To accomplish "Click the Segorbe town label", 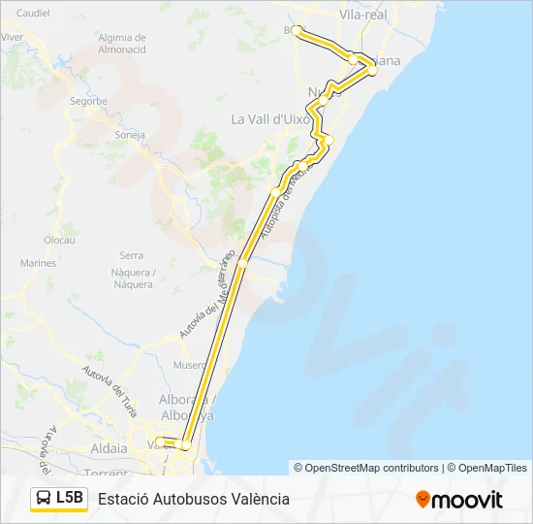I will tap(88, 100).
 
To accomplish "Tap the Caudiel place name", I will tap(32, 14).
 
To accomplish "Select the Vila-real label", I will tap(363, 15).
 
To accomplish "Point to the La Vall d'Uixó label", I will tap(268, 119).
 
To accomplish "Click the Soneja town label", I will tap(129, 134).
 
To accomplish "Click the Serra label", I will tap(131, 255).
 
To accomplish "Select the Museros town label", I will tap(190, 365).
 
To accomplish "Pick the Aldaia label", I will tap(108, 449).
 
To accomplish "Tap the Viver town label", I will tap(13, 36).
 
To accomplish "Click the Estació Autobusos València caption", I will tap(194, 499).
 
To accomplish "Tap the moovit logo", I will tap(459, 499).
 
